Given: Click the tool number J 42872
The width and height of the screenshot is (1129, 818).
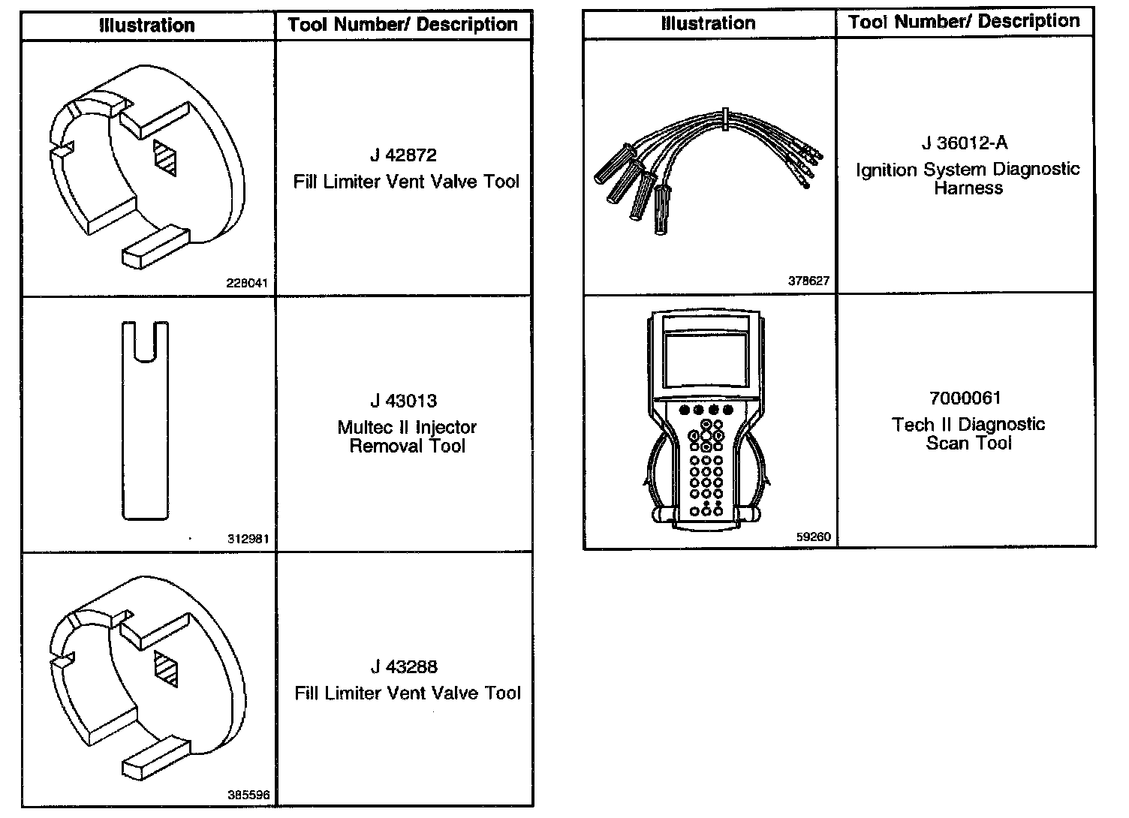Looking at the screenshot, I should [x=403, y=156].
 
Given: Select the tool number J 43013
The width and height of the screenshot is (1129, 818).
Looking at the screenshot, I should [x=403, y=401].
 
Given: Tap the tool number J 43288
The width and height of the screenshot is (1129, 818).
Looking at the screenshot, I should [x=403, y=667].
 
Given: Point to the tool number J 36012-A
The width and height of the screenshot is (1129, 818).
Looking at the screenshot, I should [x=965, y=143].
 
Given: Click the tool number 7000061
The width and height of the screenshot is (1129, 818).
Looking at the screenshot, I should [x=965, y=398].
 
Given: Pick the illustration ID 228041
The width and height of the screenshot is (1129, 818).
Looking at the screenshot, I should [x=246, y=284].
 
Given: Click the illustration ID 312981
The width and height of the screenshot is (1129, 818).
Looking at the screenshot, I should [x=248, y=539].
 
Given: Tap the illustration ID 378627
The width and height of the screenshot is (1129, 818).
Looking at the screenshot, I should [x=808, y=281].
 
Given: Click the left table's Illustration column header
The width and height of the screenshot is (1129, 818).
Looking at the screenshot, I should [x=147, y=25].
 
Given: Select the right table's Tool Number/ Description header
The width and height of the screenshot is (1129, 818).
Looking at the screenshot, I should [x=964, y=22].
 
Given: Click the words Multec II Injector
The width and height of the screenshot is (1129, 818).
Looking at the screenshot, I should [x=407, y=428].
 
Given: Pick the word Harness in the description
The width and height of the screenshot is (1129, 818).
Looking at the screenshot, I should [x=968, y=188].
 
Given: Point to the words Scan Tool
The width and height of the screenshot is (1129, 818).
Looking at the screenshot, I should [x=968, y=444].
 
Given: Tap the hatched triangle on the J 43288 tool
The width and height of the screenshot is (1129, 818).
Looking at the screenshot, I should [x=165, y=668].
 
